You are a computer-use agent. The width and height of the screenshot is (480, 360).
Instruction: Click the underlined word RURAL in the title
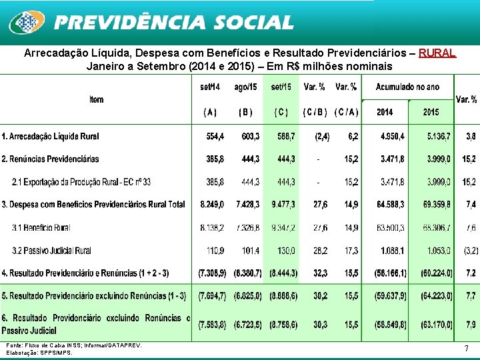point(437,53)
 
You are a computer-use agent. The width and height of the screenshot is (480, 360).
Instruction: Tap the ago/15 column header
point(246,87)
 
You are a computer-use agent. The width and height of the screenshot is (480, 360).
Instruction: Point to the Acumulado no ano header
point(407,87)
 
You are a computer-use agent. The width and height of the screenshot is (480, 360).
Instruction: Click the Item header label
point(96,99)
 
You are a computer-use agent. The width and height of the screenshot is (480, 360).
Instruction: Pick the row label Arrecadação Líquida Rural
point(50,136)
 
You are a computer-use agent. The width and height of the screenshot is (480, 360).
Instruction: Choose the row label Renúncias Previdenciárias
point(50,159)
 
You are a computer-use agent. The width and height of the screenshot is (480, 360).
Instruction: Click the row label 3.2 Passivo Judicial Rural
point(51,250)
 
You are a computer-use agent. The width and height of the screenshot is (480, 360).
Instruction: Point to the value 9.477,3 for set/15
point(283,204)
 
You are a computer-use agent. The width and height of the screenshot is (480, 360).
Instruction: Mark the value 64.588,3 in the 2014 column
point(391,204)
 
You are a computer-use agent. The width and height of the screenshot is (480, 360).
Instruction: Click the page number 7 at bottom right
point(466,349)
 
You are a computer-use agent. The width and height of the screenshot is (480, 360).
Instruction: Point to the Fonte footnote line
point(74,345)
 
